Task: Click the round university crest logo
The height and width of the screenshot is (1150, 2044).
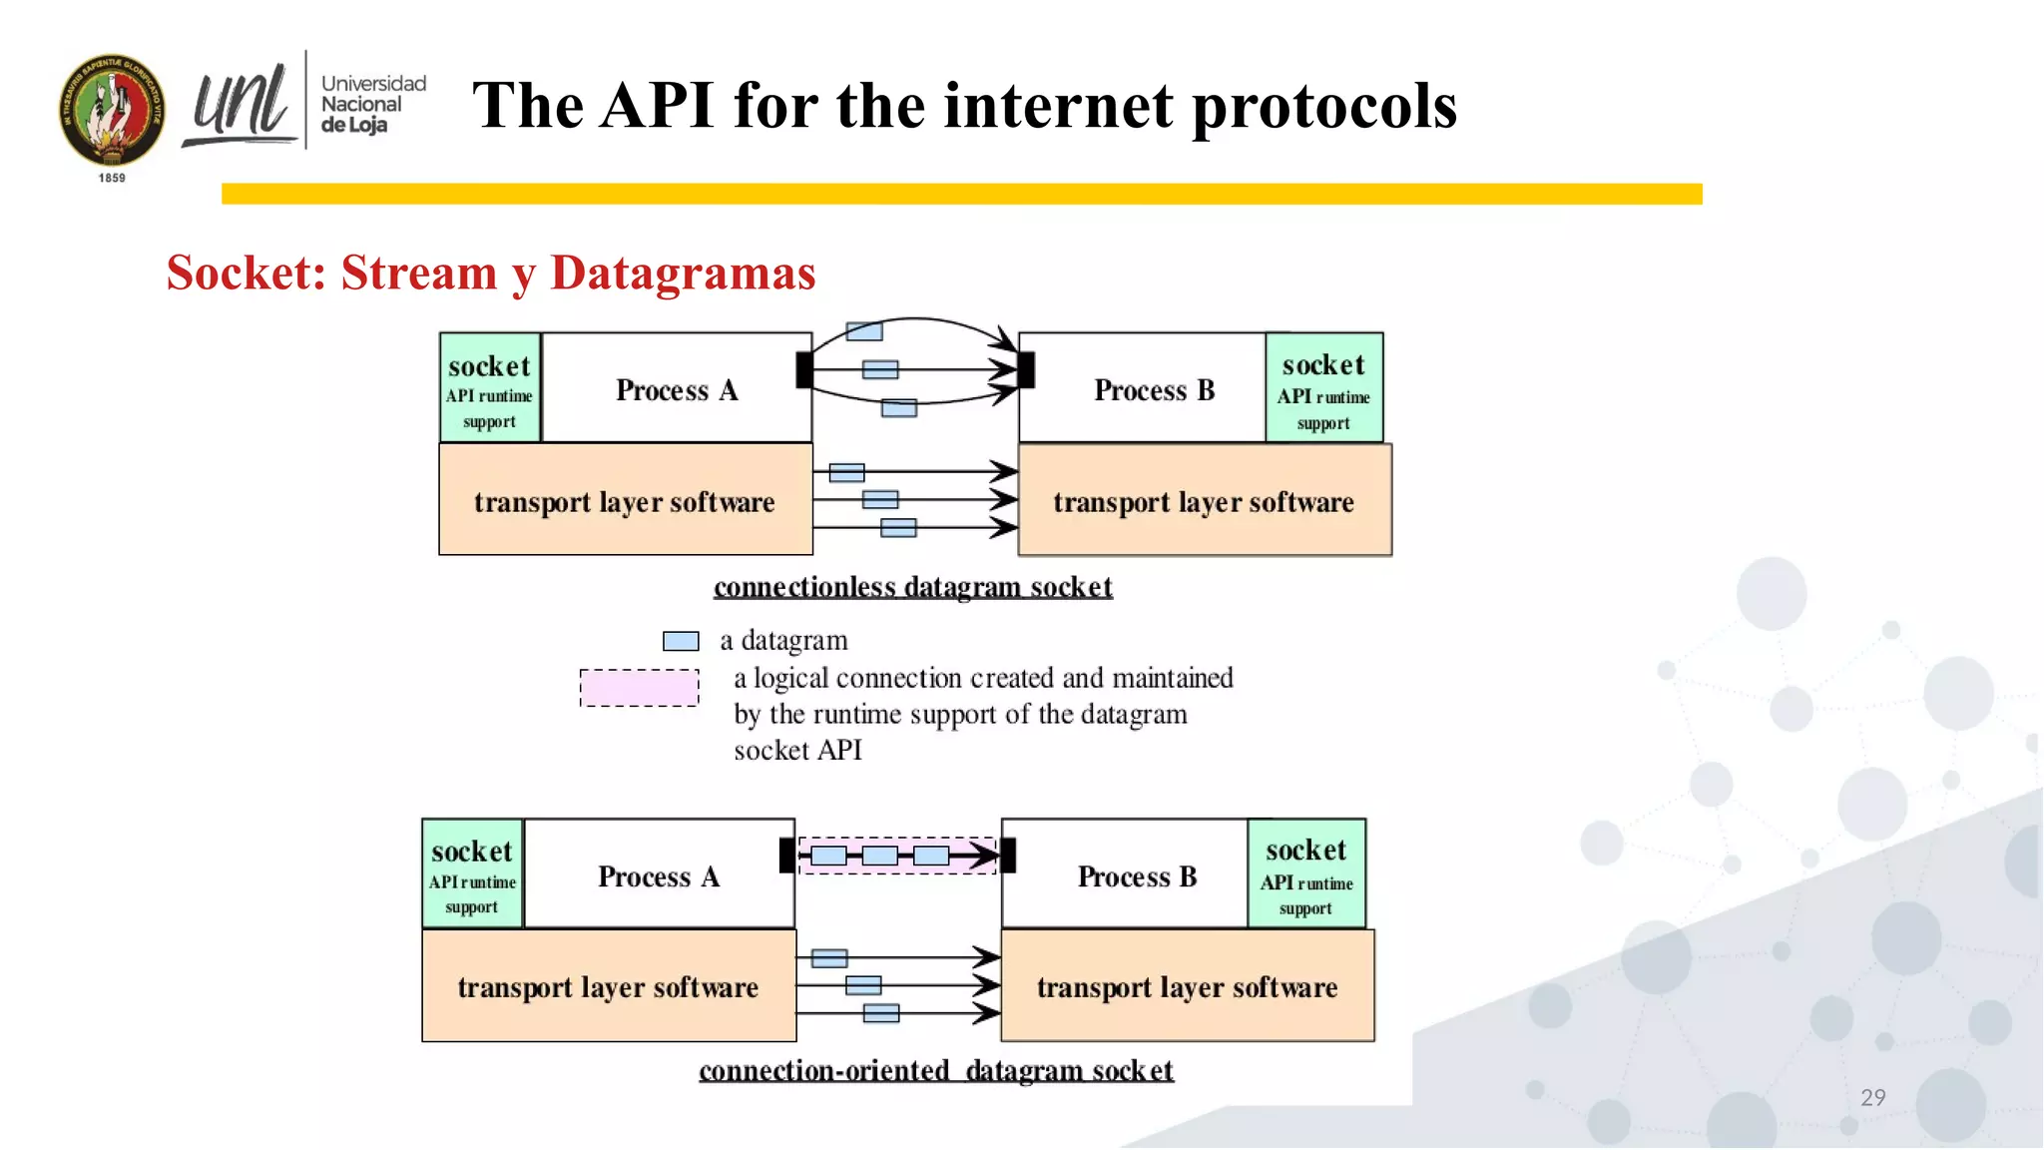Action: click(112, 111)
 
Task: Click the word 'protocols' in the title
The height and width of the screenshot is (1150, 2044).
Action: click(1324, 107)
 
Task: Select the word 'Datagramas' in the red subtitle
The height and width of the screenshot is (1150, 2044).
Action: click(683, 273)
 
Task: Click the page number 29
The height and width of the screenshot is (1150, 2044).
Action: click(1872, 1097)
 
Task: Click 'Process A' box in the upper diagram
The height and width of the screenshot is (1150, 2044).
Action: click(677, 389)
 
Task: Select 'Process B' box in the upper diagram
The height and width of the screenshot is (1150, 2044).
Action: click(1154, 389)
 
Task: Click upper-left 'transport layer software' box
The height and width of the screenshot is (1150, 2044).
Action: click(625, 501)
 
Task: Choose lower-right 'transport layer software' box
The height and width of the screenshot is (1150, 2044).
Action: click(1187, 986)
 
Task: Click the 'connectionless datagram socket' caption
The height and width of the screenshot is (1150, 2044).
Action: click(912, 587)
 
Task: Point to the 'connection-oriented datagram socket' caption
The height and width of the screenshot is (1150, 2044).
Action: click(935, 1070)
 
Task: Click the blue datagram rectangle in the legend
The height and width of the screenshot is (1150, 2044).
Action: click(681, 641)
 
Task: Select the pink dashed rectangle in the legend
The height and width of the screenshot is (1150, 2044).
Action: click(639, 688)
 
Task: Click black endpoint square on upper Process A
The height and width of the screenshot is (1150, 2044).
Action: click(804, 370)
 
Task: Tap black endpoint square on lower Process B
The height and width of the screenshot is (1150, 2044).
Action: click(1008, 856)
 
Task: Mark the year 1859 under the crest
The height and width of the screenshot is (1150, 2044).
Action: click(112, 178)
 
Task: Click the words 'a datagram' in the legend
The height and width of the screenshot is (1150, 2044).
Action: click(783, 640)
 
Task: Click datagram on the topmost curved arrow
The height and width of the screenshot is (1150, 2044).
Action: click(864, 331)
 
